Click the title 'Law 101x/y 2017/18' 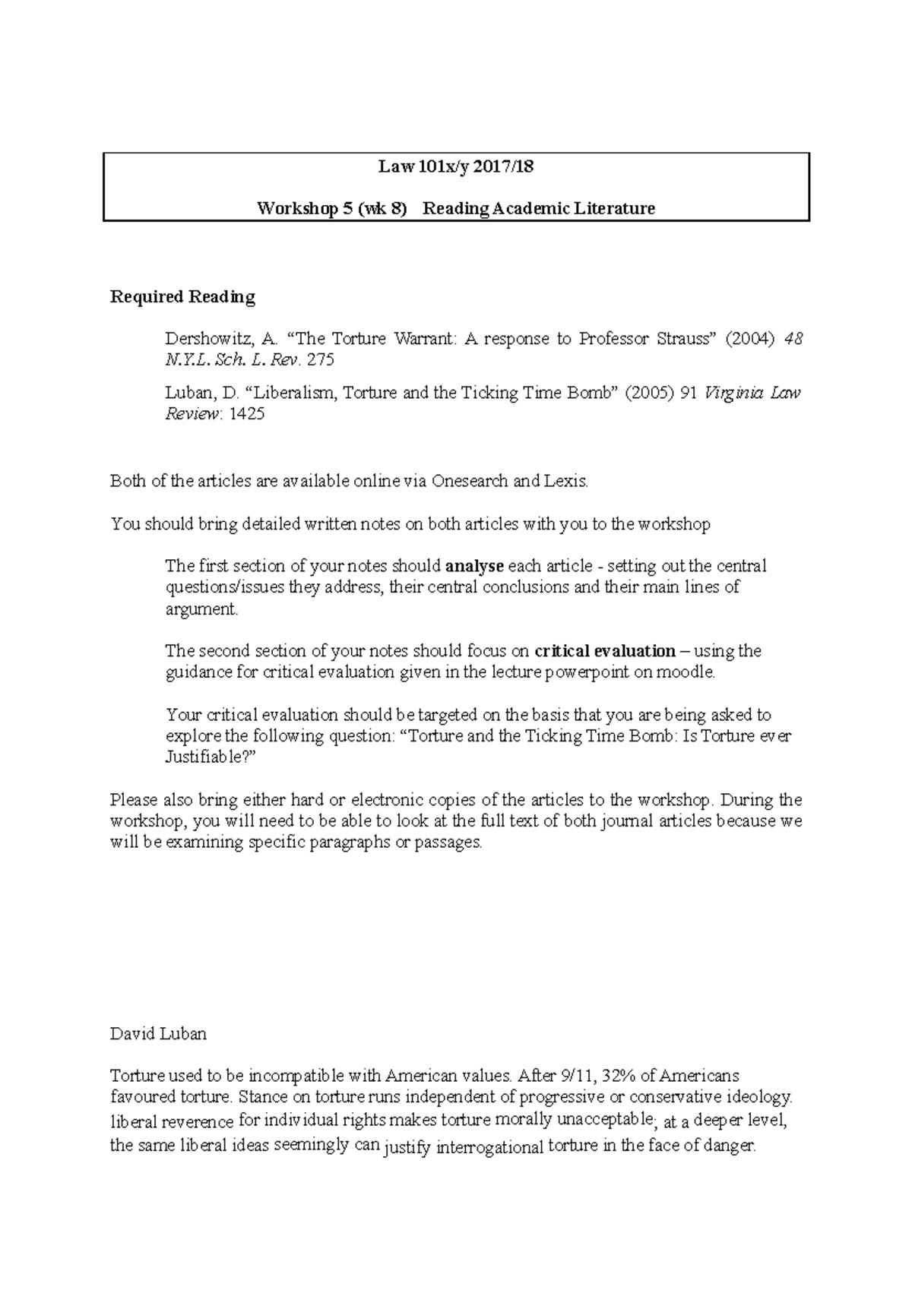(456, 167)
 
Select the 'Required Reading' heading (182, 297)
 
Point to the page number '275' (320, 360)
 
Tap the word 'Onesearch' (469, 481)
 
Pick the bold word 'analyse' (474, 566)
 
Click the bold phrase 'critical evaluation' (605, 651)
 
